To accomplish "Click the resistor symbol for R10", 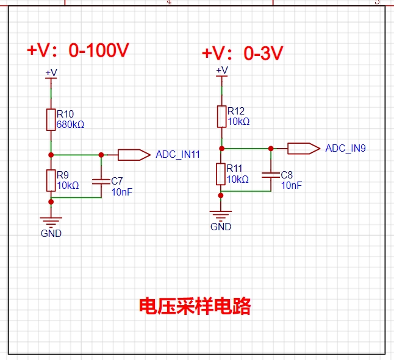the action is coord(51,119).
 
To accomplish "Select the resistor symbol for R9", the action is coord(51,180).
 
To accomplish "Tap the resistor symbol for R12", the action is coord(221,117).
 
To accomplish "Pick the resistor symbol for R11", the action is coord(221,174).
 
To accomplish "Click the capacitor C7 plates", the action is coord(101,182).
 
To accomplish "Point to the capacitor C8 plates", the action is coord(271,175).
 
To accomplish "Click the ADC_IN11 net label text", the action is coord(177,154).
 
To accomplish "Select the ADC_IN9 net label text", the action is coord(345,148).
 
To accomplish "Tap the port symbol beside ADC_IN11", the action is coord(134,155).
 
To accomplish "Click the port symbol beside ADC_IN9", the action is coord(304,149).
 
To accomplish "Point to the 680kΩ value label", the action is coord(70,124).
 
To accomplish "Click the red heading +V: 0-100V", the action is coord(78,50).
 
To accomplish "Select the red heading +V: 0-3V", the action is coord(243,53).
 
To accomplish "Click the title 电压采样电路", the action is coord(195,306).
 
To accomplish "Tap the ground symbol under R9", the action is coord(51,222).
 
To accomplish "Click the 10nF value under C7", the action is coord(122,192).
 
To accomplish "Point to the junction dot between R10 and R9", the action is coord(51,155).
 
